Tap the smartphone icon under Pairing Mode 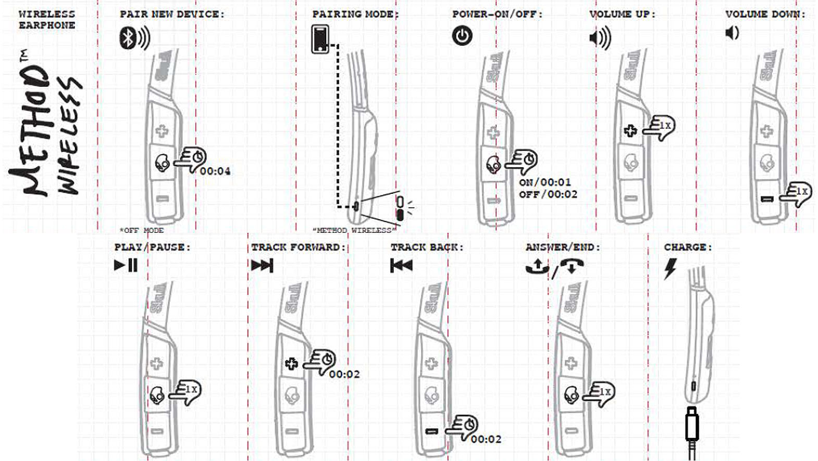pyautogui.click(x=320, y=40)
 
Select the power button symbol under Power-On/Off pyautogui.click(x=462, y=36)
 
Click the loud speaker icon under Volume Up pyautogui.click(x=600, y=38)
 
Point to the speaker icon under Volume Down pyautogui.click(x=732, y=33)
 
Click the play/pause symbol pyautogui.click(x=126, y=265)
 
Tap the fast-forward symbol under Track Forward pyautogui.click(x=262, y=266)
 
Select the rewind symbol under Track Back pyautogui.click(x=401, y=266)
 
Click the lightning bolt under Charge pyautogui.click(x=670, y=268)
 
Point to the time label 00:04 pyautogui.click(x=215, y=171)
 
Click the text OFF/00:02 pyautogui.click(x=548, y=194)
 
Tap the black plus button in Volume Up pyautogui.click(x=630, y=131)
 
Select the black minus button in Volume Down pyautogui.click(x=767, y=198)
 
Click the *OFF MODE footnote pyautogui.click(x=141, y=230)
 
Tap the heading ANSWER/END pyautogui.click(x=562, y=247)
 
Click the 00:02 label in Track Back pyautogui.click(x=486, y=439)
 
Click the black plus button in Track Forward pyautogui.click(x=291, y=364)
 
